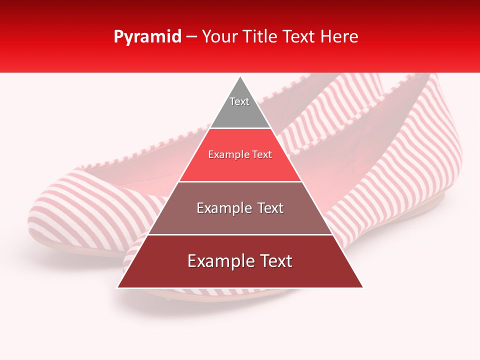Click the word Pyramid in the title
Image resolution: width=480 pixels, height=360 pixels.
click(x=147, y=37)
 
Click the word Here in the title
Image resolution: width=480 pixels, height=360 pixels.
click(x=339, y=37)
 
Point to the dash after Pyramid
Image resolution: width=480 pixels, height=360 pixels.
click(x=191, y=37)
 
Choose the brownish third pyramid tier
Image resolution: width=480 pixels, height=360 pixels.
click(x=240, y=220)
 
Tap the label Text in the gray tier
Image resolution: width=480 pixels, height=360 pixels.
click(x=239, y=101)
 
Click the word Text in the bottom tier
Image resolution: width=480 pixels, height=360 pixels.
click(x=275, y=261)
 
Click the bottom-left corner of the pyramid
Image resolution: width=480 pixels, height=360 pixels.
click(x=117, y=287)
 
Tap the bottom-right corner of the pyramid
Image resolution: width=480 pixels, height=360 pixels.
click(x=363, y=287)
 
